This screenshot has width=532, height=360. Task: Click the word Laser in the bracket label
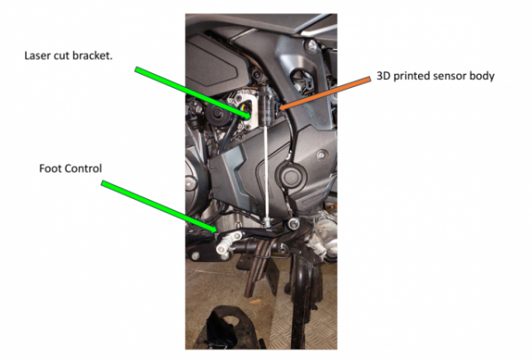(36, 55)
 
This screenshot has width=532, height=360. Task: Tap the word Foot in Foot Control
(49, 168)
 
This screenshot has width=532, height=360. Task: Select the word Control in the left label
(82, 168)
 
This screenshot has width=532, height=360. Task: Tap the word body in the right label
(481, 76)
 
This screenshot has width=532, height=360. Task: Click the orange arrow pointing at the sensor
(326, 94)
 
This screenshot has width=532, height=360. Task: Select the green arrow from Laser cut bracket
(193, 92)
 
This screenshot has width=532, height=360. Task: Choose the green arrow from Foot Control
(158, 207)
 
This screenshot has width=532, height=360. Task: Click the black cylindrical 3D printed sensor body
(266, 106)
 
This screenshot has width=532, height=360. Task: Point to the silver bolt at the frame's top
(311, 44)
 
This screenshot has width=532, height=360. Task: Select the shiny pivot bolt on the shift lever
(294, 224)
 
